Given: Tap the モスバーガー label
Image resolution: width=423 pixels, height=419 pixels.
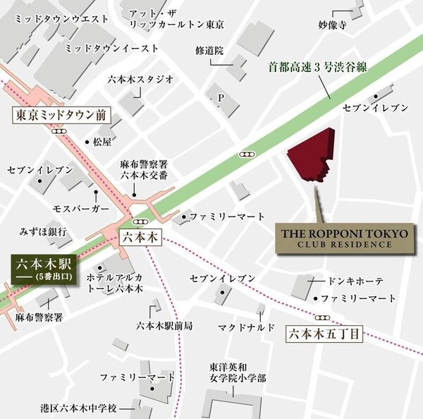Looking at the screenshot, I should tap(81, 209).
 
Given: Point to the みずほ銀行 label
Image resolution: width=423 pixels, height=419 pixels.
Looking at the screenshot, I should tap(43, 231).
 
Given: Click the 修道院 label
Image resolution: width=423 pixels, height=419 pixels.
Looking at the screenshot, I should tap(209, 51).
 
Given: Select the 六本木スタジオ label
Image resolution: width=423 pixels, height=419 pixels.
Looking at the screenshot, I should tap(141, 80).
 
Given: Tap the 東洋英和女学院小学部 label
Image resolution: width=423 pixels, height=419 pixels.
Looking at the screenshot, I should tap(237, 372).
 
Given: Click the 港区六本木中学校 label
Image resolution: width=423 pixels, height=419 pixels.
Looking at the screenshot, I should tap(77, 408).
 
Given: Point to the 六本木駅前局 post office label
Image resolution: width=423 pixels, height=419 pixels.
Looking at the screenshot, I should tap(165, 326).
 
